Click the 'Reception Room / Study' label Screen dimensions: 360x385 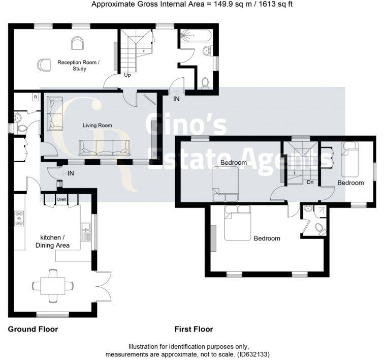pyautogui.click(x=79, y=65)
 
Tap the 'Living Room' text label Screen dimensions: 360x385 pyautogui.click(x=98, y=125)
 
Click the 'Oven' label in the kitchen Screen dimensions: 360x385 pyautogui.click(x=62, y=199)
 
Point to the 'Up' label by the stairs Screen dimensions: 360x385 pyautogui.click(x=127, y=75)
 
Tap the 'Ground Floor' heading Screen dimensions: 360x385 pyautogui.click(x=33, y=329)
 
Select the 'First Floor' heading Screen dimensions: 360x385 pyautogui.click(x=194, y=329)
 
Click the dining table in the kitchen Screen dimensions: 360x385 pyautogui.click(x=52, y=285)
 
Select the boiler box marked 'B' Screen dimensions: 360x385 pyautogui.click(x=35, y=97)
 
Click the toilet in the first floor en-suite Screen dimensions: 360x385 pyautogui.click(x=320, y=228)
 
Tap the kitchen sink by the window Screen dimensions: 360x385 pyautogui.click(x=86, y=232)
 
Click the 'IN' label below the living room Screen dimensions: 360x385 pyautogui.click(x=71, y=174)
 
